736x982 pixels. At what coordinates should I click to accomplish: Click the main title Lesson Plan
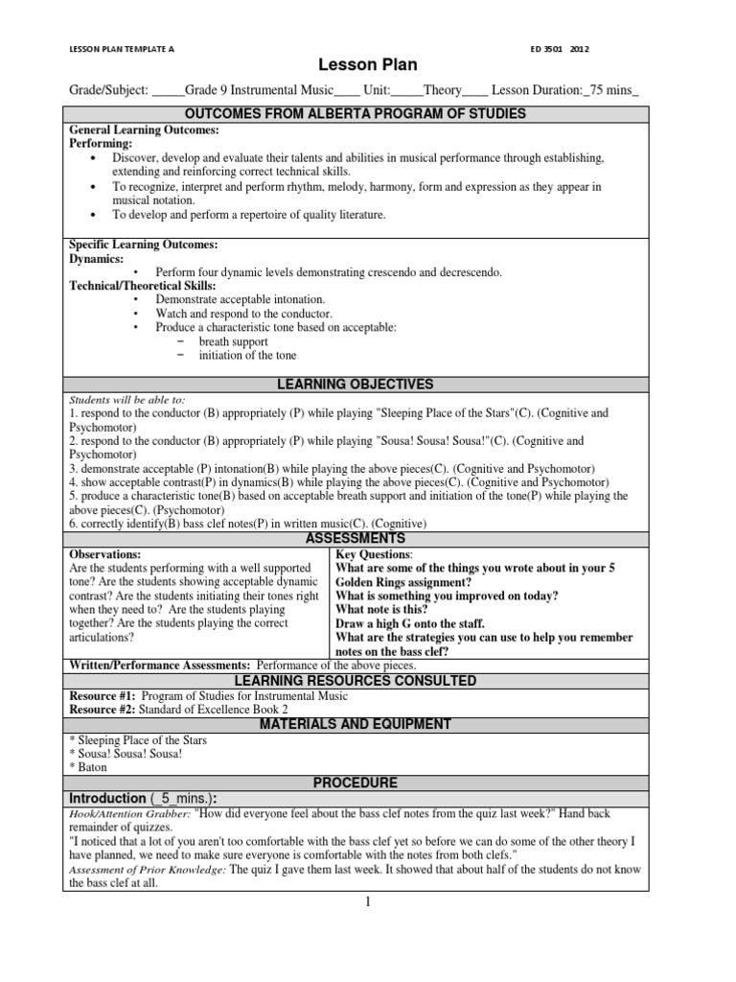[368, 65]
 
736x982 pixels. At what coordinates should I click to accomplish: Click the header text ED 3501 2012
[559, 47]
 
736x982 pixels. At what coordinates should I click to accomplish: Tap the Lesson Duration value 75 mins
[609, 90]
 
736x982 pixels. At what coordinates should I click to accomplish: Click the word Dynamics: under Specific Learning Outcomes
[97, 259]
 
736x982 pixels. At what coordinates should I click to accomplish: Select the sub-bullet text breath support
[233, 341]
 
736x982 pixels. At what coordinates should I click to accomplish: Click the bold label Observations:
[105, 554]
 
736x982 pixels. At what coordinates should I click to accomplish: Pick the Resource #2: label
[105, 710]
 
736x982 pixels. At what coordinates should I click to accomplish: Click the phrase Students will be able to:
[126, 400]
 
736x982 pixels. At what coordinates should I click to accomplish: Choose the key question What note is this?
[381, 609]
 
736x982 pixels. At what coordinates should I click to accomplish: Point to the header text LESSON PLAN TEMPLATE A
[122, 47]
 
